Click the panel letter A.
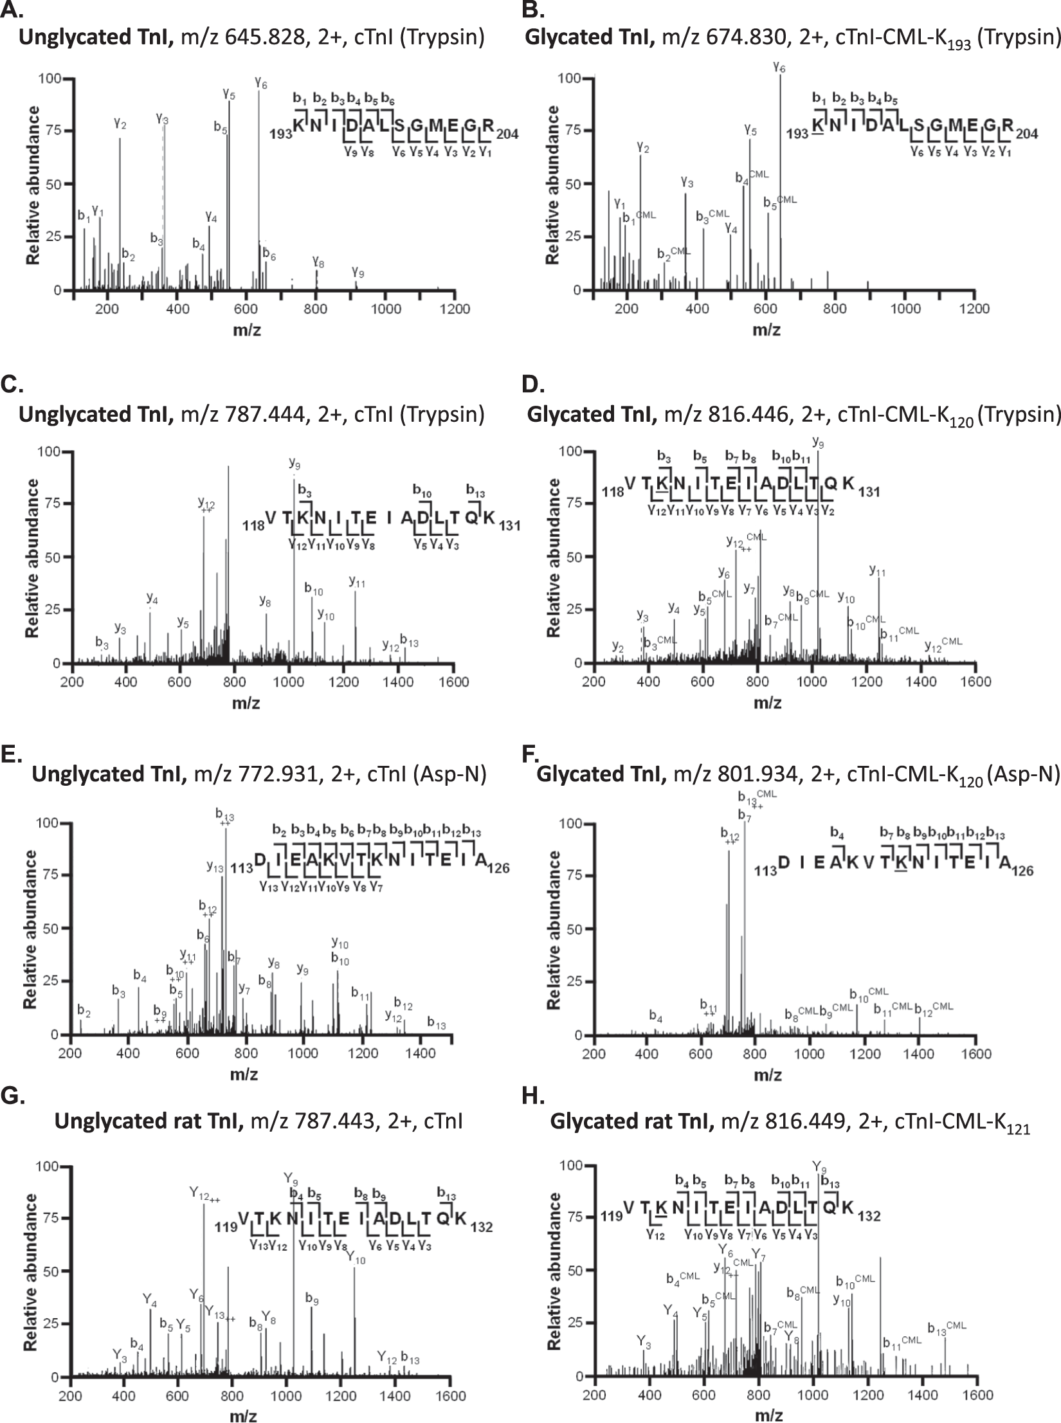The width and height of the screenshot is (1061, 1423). [x=11, y=10]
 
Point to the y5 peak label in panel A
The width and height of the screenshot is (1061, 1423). [x=229, y=93]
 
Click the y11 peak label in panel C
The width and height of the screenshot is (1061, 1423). [x=357, y=581]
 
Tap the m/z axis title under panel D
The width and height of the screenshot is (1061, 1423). [x=767, y=702]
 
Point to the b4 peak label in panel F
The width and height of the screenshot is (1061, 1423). [x=655, y=1016]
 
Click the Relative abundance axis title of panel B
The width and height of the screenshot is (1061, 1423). [x=552, y=185]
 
